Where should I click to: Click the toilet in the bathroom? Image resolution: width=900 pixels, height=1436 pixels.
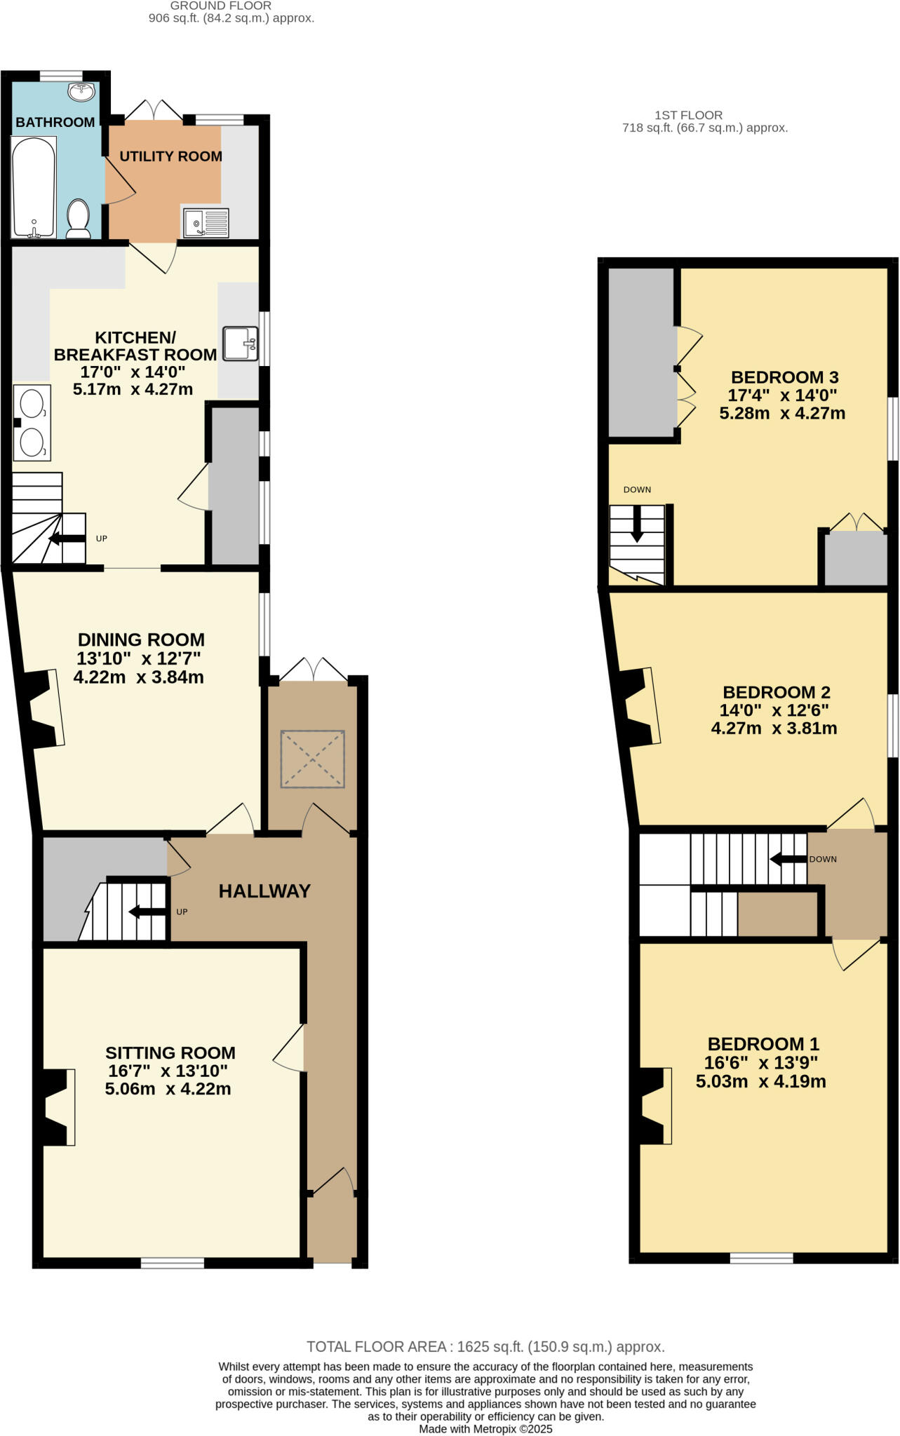78,217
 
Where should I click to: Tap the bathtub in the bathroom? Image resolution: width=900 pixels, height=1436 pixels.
33,187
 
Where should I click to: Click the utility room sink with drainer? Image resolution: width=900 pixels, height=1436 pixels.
206,223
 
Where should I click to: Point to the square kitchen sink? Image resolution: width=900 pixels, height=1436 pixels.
241,344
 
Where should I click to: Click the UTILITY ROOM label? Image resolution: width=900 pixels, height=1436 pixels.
170,156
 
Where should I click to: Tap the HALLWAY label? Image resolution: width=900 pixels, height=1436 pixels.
264,891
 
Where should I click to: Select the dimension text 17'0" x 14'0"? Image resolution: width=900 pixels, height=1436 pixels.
133,372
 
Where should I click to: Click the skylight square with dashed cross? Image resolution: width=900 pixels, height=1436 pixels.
312,759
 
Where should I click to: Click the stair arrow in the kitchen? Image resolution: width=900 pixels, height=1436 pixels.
67,538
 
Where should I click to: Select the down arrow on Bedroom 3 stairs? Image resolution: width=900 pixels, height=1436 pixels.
636,523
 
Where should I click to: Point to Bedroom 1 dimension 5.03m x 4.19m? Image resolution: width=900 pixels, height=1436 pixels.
760,1081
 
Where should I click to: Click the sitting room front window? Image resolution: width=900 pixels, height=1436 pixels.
173,1263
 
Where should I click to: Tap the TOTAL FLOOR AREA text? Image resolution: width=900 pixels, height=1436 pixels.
485,1347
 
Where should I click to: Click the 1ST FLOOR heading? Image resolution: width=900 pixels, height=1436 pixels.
688,115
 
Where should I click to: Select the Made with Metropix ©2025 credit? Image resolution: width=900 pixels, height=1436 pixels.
485,1428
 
